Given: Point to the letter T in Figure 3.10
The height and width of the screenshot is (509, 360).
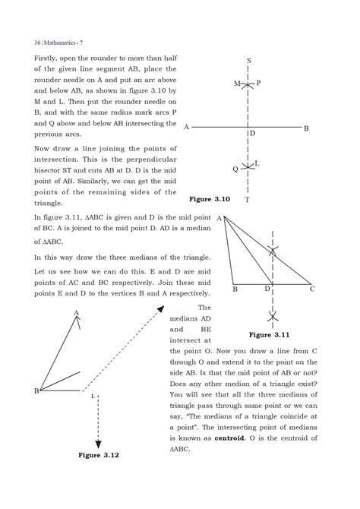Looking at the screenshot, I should pos(248,200).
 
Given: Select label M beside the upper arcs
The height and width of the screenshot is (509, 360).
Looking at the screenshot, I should pos(236,83).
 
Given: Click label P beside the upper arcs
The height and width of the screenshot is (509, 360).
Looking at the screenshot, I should pos(258,82).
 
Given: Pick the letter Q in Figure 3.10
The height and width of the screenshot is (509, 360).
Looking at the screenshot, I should pos(235,169).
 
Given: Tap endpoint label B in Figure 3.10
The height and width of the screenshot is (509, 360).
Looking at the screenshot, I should pos(306,128).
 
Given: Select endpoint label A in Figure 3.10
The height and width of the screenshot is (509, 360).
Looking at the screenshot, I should pos(186,128).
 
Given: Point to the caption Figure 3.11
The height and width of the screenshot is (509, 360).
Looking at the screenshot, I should pos(272,334).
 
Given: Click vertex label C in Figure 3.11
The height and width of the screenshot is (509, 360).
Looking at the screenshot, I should pos(312,289).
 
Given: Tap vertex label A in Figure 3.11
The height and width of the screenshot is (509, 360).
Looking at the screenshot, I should pos(219,219).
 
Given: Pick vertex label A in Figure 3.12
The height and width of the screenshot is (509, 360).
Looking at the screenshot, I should pos(77,312).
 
